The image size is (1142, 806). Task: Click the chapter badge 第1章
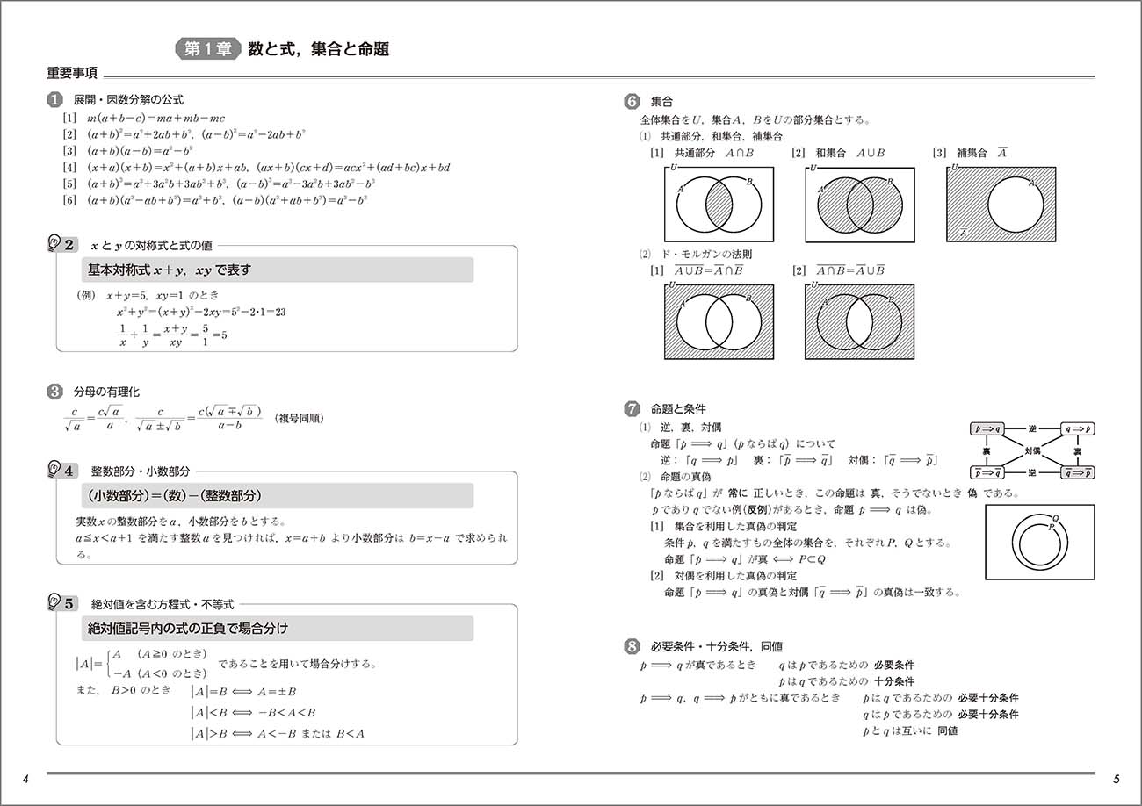[208, 49]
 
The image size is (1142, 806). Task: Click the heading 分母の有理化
[106, 391]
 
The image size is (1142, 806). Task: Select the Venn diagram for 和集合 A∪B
[859, 205]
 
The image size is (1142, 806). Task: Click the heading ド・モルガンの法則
[705, 254]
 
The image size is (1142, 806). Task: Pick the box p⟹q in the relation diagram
[989, 429]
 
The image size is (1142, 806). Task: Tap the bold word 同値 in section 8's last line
[947, 730]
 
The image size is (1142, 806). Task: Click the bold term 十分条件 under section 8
[893, 681]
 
